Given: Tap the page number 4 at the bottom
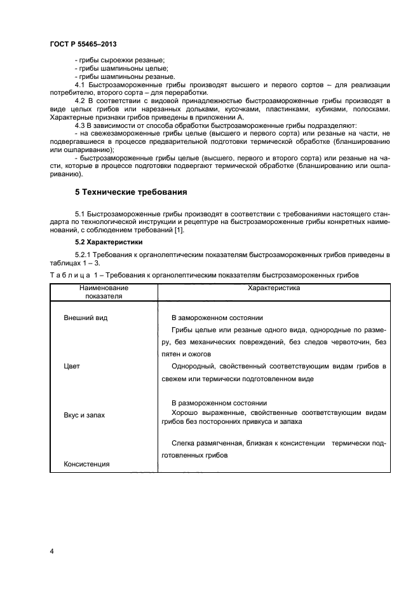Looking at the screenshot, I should (x=51, y=551).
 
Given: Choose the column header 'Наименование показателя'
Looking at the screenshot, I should (x=100, y=292).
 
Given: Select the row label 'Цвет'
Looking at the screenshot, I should (x=72, y=367).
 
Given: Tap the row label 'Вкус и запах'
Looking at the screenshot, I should (x=85, y=415).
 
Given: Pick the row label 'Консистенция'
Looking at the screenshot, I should (x=86, y=464).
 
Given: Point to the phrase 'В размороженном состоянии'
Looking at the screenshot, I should (x=219, y=403).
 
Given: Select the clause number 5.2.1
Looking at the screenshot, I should (x=83, y=255).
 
